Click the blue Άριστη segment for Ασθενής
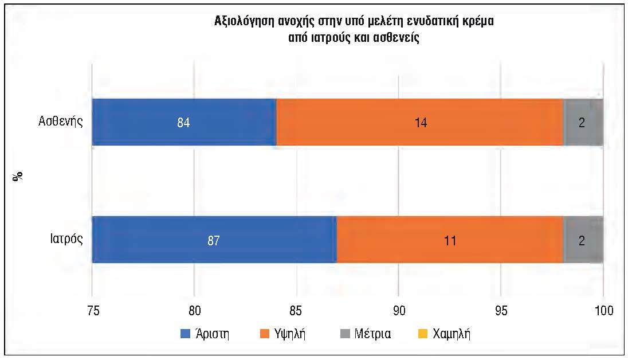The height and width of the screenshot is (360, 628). (185, 122)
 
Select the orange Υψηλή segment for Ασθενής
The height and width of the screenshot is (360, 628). (420, 122)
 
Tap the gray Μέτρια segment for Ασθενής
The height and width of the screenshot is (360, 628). (583, 122)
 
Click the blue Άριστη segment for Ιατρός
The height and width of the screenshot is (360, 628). (215, 240)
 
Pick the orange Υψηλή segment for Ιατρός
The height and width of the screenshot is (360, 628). (450, 240)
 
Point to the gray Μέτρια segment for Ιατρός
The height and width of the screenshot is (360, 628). (583, 240)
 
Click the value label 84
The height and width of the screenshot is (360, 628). (183, 122)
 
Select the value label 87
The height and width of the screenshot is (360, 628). (214, 241)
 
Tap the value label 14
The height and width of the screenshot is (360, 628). (421, 122)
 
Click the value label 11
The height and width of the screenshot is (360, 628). (450, 241)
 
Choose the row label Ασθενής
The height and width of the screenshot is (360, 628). (61, 122)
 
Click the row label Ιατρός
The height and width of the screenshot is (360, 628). (66, 239)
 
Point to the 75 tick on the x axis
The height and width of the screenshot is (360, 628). (93, 311)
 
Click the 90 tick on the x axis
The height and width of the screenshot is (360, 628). (399, 311)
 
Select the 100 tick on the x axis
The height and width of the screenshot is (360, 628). (604, 311)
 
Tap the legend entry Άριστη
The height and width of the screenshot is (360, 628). (205, 334)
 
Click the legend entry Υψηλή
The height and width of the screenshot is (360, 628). (282, 334)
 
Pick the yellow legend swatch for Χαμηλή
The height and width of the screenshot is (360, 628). (422, 334)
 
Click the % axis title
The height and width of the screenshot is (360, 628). (18, 177)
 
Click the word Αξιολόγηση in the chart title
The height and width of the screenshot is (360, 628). (244, 21)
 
